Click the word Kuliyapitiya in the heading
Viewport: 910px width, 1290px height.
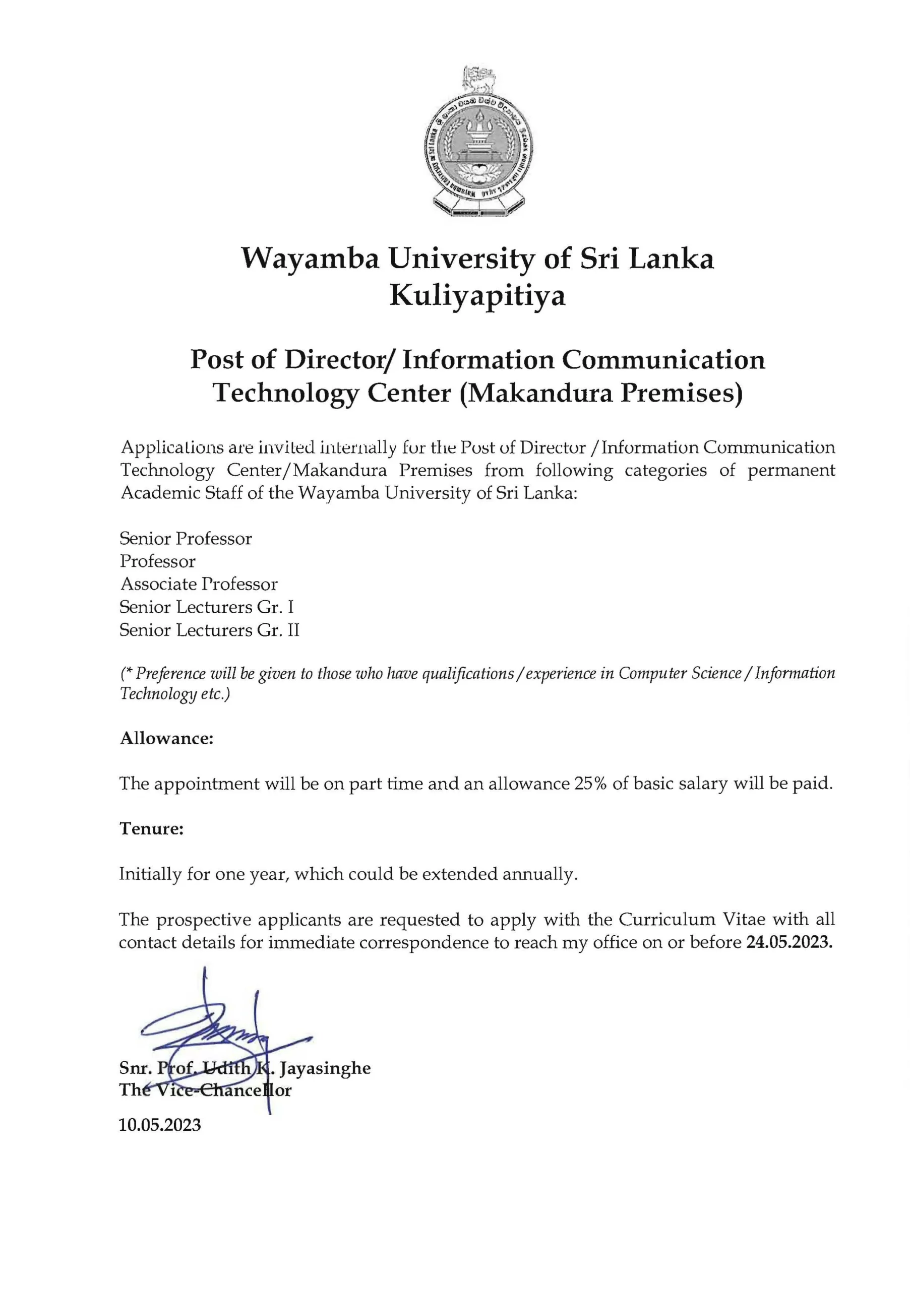pos(477,295)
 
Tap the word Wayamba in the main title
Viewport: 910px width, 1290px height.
pos(310,259)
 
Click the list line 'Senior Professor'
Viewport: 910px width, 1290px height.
pos(186,539)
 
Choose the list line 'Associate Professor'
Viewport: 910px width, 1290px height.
pos(199,585)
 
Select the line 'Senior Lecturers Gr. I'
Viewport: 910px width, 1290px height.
pos(206,607)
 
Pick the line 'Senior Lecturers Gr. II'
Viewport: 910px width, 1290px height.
pos(209,630)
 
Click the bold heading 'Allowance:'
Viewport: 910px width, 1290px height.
pos(167,738)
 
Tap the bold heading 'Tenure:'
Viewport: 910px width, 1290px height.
pos(152,829)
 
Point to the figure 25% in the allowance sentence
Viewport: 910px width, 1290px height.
pos(590,784)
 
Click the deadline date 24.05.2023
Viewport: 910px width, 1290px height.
pos(789,942)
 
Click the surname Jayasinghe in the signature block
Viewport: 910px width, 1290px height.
pos(325,1068)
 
